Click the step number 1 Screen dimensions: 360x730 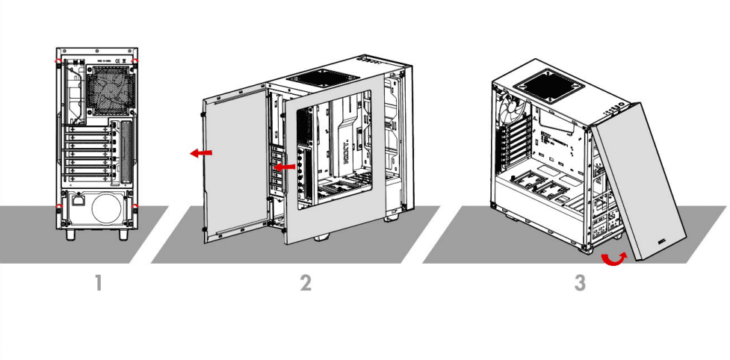click(x=97, y=283)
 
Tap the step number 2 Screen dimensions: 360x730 click(x=305, y=283)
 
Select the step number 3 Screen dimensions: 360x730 click(x=580, y=283)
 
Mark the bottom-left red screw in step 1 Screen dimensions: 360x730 click(x=58, y=206)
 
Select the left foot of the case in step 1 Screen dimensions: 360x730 click(x=70, y=233)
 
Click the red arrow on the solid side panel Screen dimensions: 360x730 click(x=200, y=152)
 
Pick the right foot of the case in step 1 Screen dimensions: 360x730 click(x=123, y=233)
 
